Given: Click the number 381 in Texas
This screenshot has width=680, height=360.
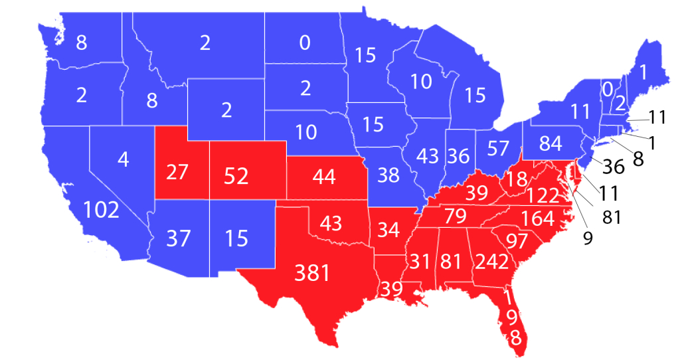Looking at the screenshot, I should pyautogui.click(x=312, y=272).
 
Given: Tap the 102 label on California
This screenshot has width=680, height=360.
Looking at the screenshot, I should pyautogui.click(x=102, y=210).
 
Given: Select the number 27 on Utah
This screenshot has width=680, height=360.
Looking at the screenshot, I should pyautogui.click(x=177, y=172).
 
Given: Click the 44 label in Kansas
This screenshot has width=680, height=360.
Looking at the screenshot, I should pyautogui.click(x=321, y=177).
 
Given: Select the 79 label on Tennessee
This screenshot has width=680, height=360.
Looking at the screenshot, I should pyautogui.click(x=457, y=217).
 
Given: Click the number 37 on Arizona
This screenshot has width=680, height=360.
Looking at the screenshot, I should pyautogui.click(x=178, y=238).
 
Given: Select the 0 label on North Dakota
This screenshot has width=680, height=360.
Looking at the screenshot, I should pyautogui.click(x=305, y=43).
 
